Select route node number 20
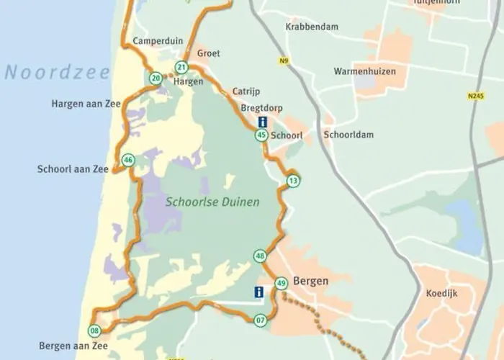pos(156,78)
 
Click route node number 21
pos(181,68)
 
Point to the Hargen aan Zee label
pos(86,104)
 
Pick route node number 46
pos(128,160)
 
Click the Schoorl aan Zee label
pos(73,168)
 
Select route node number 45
pos(261,135)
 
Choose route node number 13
pos(292,179)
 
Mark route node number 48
pos(260,256)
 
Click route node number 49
pos(281,283)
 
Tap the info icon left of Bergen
pos(258,292)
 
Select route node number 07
pos(260,320)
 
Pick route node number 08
pos(94,331)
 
